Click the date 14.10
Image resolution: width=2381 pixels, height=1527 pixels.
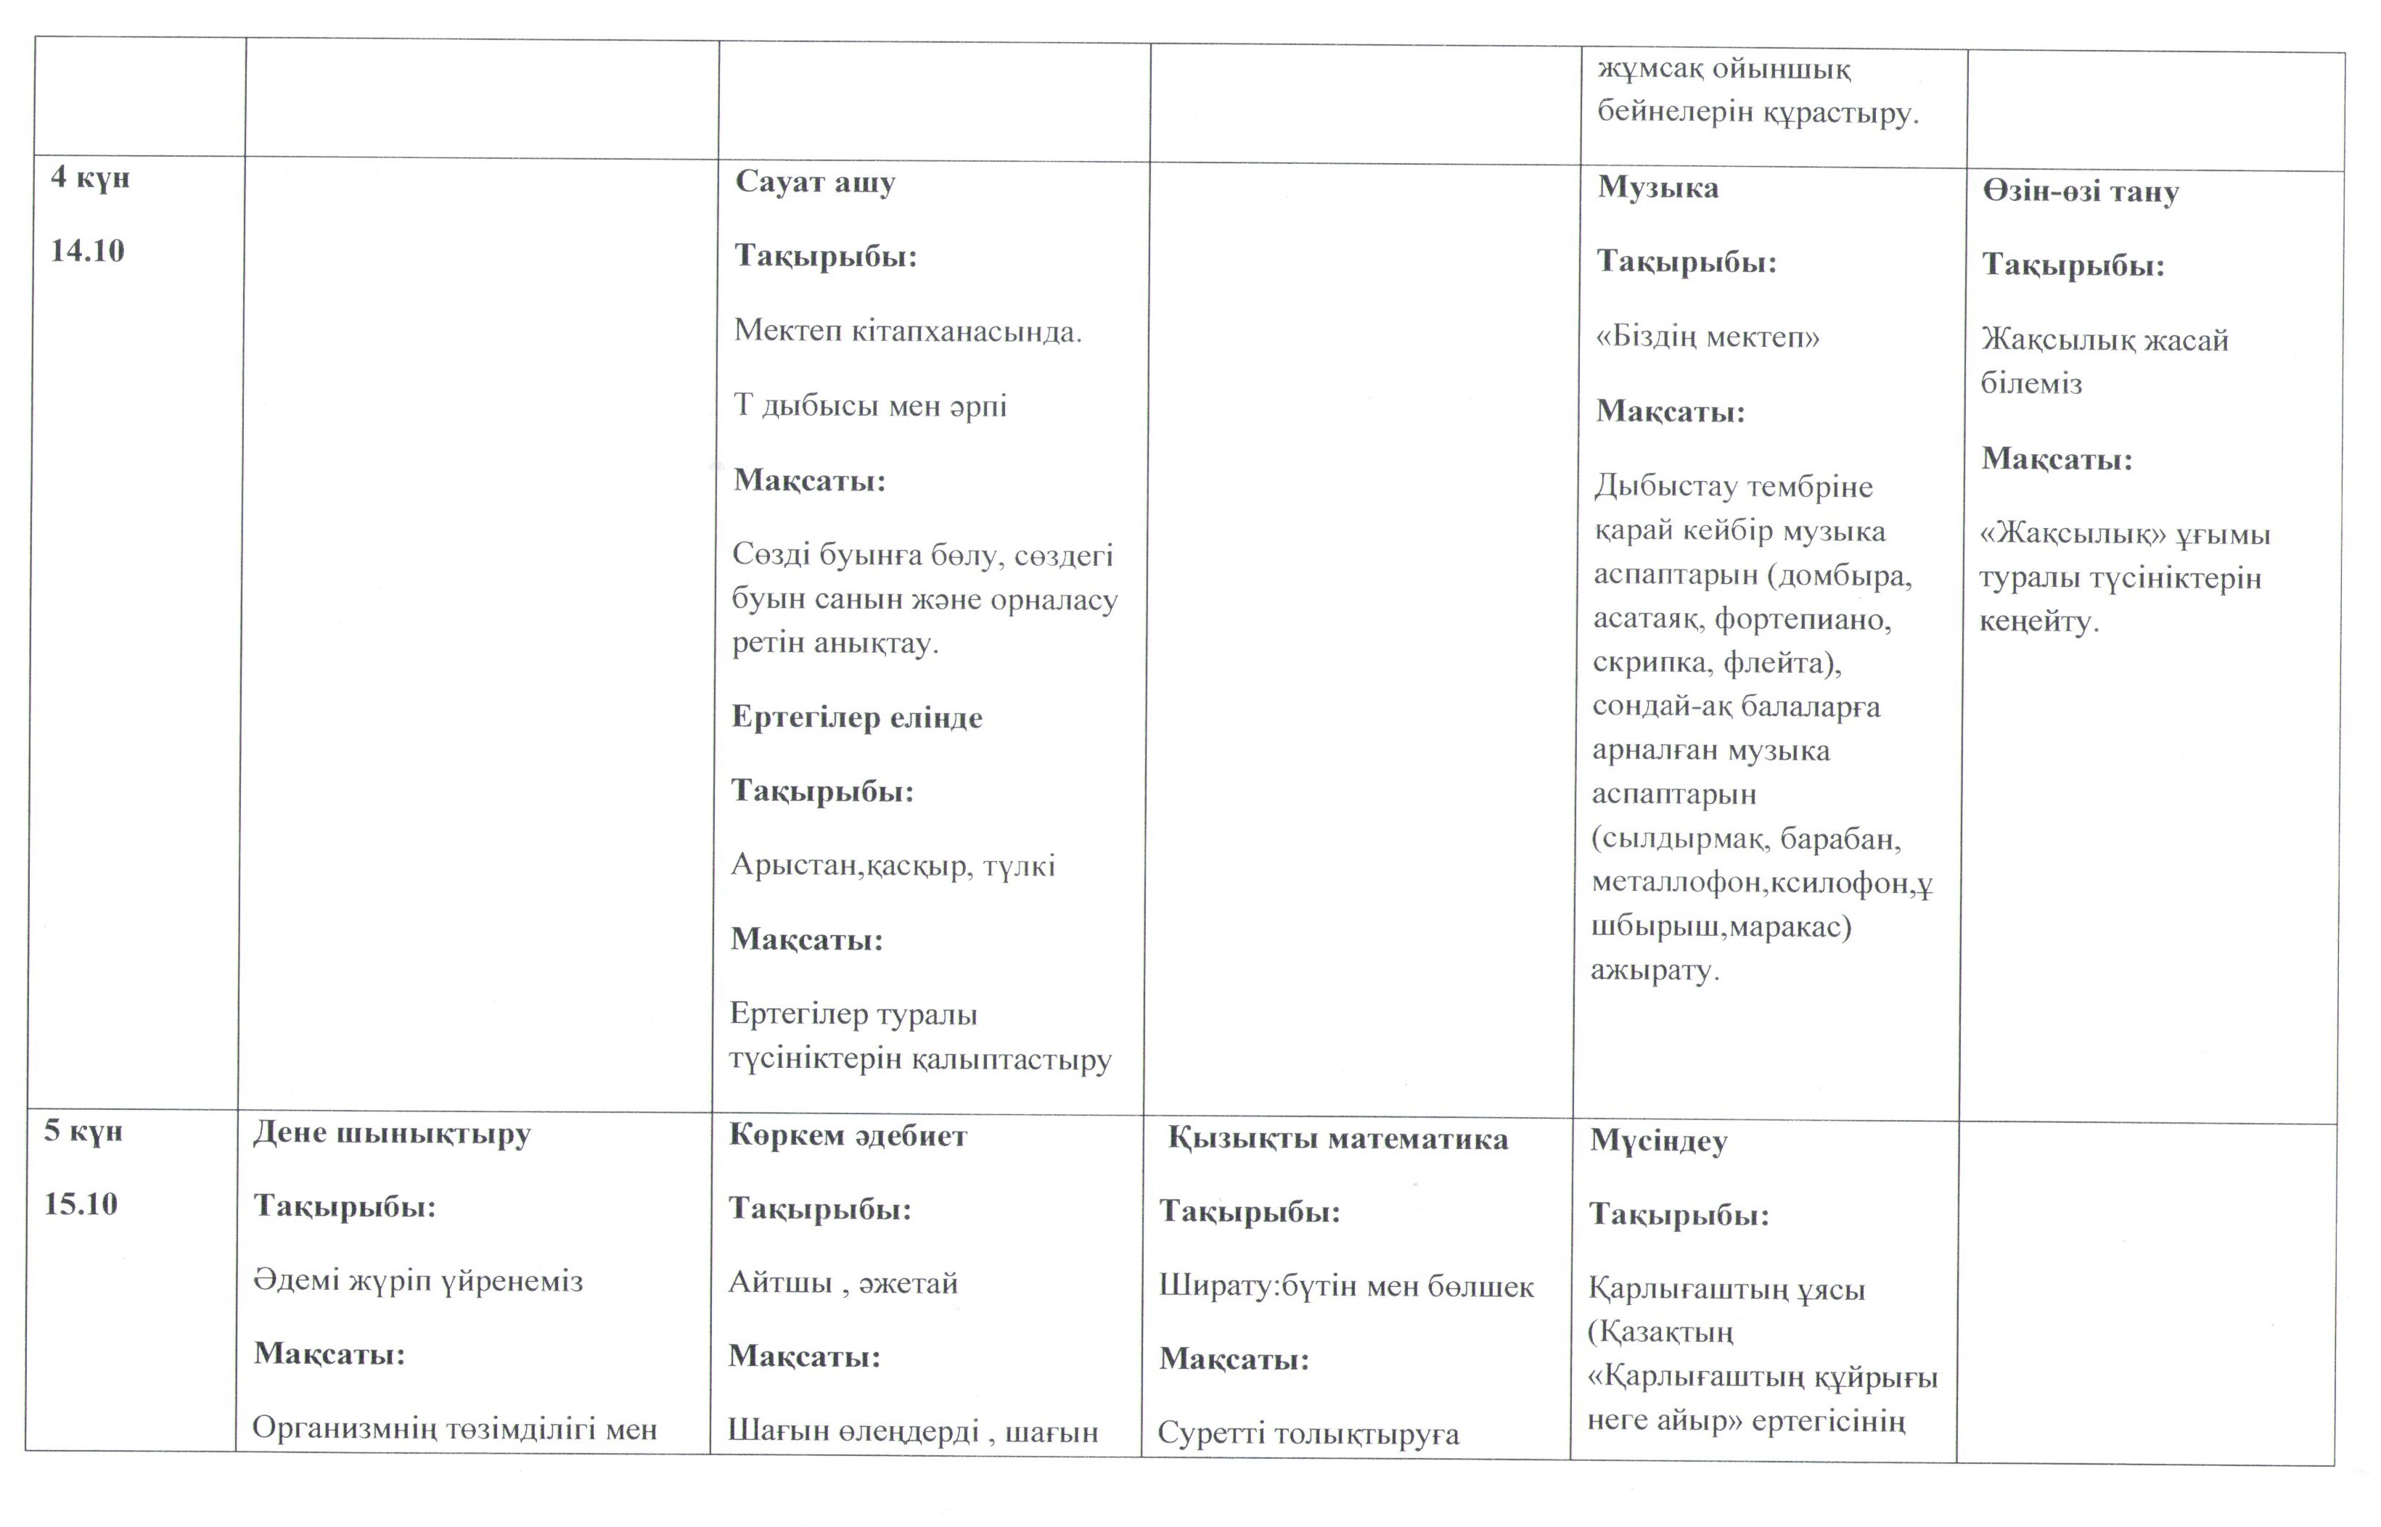pos(87,251)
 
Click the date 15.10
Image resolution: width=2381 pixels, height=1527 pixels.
pos(81,1205)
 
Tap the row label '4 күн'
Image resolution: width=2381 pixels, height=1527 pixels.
pos(90,178)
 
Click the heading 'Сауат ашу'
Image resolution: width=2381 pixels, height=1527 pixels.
pos(815,184)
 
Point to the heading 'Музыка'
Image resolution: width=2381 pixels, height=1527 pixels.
pos(1658,187)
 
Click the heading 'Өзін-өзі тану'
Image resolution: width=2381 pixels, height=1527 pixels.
pos(2081,192)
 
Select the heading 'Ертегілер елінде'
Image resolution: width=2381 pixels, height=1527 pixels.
pos(857,717)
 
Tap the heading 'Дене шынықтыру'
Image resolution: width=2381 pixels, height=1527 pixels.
pos(392,1133)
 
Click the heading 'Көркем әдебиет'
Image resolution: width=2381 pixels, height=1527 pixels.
pos(848,1136)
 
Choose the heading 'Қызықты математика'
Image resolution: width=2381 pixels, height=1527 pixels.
pos(1337,1140)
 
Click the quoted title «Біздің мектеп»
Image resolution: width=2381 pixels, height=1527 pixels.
pos(1708,337)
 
